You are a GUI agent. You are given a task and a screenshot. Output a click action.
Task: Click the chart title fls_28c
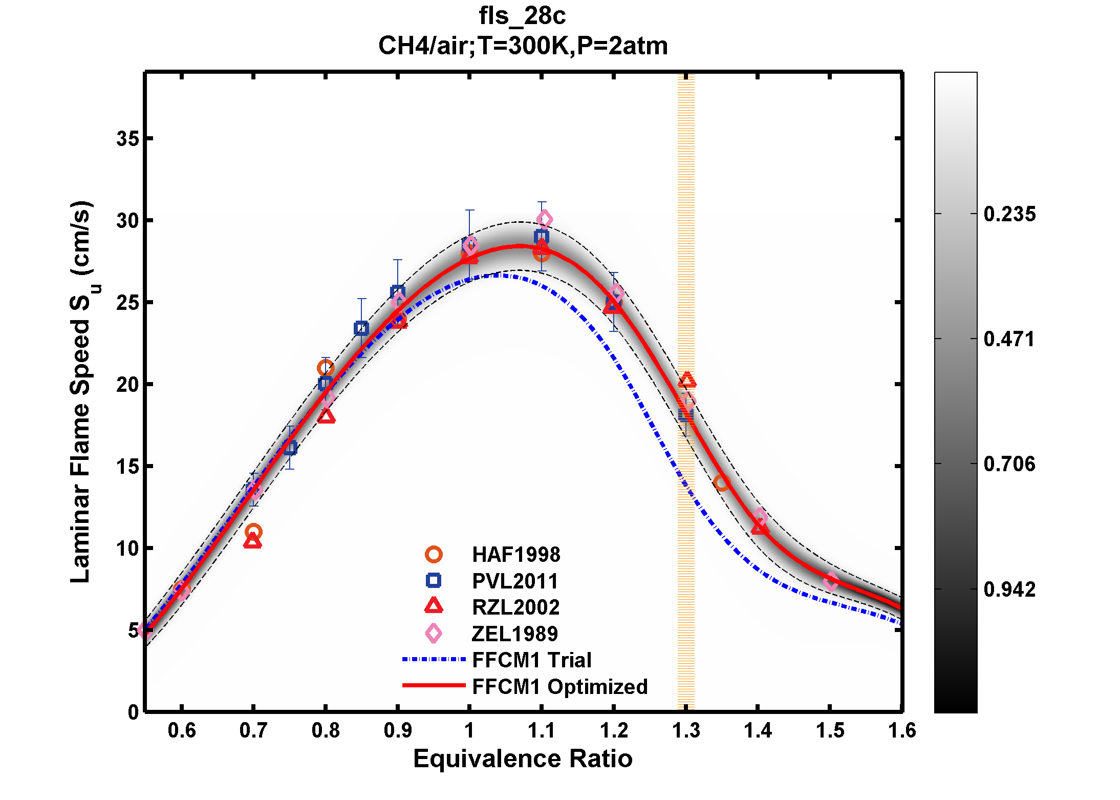tap(522, 16)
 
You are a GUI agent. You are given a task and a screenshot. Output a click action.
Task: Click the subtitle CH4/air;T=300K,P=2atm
tap(523, 46)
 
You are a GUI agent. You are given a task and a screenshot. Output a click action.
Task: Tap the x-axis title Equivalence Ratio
tap(523, 759)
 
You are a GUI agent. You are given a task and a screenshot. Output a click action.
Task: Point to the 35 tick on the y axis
tap(127, 138)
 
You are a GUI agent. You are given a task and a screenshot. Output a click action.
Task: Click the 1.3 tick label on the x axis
tap(685, 730)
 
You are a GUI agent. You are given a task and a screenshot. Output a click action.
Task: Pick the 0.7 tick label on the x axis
tap(253, 730)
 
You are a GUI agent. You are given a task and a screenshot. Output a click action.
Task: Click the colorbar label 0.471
tap(1009, 339)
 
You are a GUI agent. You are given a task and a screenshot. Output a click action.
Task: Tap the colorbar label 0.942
tap(1009, 590)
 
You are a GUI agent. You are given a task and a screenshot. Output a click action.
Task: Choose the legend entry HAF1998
tap(515, 555)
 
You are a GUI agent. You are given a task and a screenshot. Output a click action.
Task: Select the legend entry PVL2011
tap(514, 581)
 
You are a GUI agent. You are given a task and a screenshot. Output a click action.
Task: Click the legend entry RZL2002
tap(515, 607)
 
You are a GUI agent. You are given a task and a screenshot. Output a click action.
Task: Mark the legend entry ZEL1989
tap(514, 634)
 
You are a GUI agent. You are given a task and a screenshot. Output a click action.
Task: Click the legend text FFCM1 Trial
tap(531, 660)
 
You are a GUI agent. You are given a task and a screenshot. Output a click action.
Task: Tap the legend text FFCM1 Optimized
tap(559, 687)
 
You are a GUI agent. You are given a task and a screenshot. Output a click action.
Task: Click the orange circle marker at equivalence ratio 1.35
tap(722, 482)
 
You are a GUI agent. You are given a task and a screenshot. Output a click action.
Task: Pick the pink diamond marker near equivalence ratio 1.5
tap(831, 582)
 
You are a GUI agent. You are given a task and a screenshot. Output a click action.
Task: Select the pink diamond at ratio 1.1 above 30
tap(544, 220)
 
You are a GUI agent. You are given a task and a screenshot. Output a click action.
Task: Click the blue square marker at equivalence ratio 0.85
tap(361, 328)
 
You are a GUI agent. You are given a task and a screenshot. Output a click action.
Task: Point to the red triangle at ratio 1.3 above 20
tap(687, 381)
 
